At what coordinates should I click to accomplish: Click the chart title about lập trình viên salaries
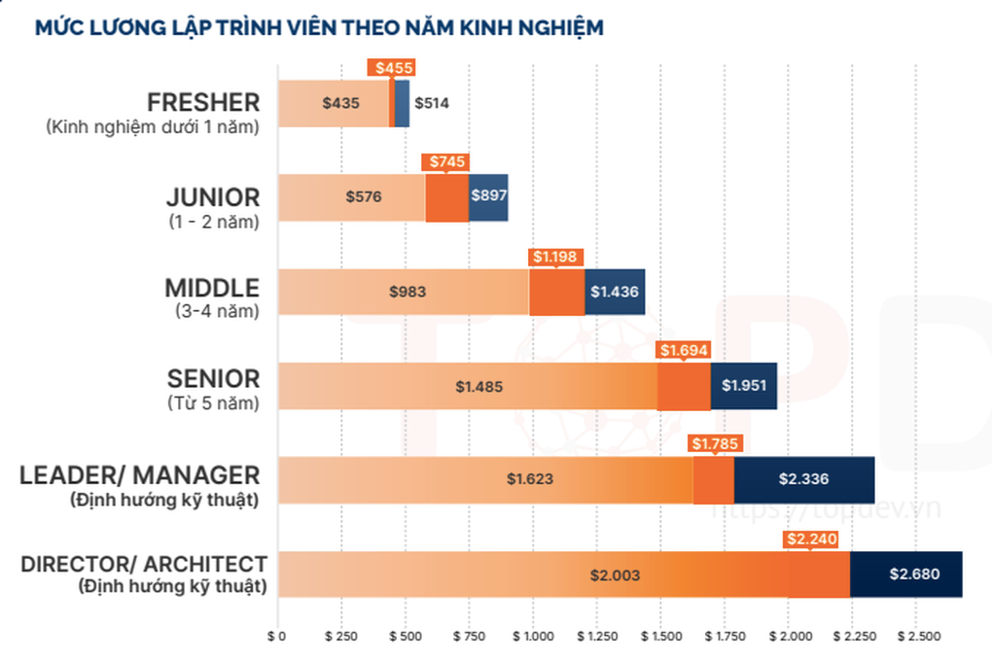pyautogui.click(x=319, y=26)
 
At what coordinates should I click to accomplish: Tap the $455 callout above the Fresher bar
pyautogui.click(x=391, y=67)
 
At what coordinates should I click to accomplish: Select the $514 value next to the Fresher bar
pyautogui.click(x=432, y=103)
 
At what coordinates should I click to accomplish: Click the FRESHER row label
pyautogui.click(x=203, y=102)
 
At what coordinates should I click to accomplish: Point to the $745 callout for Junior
pyautogui.click(x=444, y=161)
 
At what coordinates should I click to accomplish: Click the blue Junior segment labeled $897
pyautogui.click(x=488, y=195)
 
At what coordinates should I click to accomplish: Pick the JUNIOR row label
pyautogui.click(x=213, y=197)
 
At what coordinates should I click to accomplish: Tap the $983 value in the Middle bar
pyautogui.click(x=407, y=291)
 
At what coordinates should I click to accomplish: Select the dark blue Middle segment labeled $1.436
pyautogui.click(x=615, y=291)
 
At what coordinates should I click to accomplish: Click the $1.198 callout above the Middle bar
pyautogui.click(x=555, y=257)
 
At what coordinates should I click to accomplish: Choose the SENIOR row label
pyautogui.click(x=213, y=378)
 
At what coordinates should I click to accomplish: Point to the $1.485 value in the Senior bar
pyautogui.click(x=479, y=386)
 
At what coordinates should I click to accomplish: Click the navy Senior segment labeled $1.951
pyautogui.click(x=744, y=385)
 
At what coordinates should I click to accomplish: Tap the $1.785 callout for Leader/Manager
pyautogui.click(x=714, y=444)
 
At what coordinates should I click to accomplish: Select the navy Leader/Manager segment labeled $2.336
pyautogui.click(x=803, y=478)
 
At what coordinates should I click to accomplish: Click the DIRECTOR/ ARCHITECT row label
pyautogui.click(x=143, y=564)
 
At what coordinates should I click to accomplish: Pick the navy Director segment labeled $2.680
pyautogui.click(x=914, y=574)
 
